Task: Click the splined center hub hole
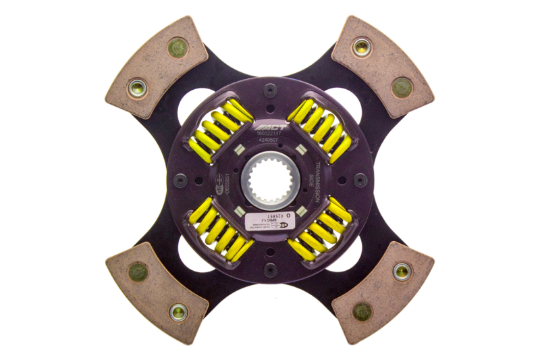click(x=269, y=180)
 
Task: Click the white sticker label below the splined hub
click(x=267, y=218)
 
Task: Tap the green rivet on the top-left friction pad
click(x=178, y=48)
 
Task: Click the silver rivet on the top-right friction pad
click(x=362, y=47)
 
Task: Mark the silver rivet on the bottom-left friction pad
click(x=178, y=311)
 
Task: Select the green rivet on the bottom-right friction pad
click(x=362, y=311)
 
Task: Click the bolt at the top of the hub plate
click(x=270, y=89)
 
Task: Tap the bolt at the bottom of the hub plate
click(x=270, y=270)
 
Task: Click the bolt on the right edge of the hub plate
click(x=360, y=180)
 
